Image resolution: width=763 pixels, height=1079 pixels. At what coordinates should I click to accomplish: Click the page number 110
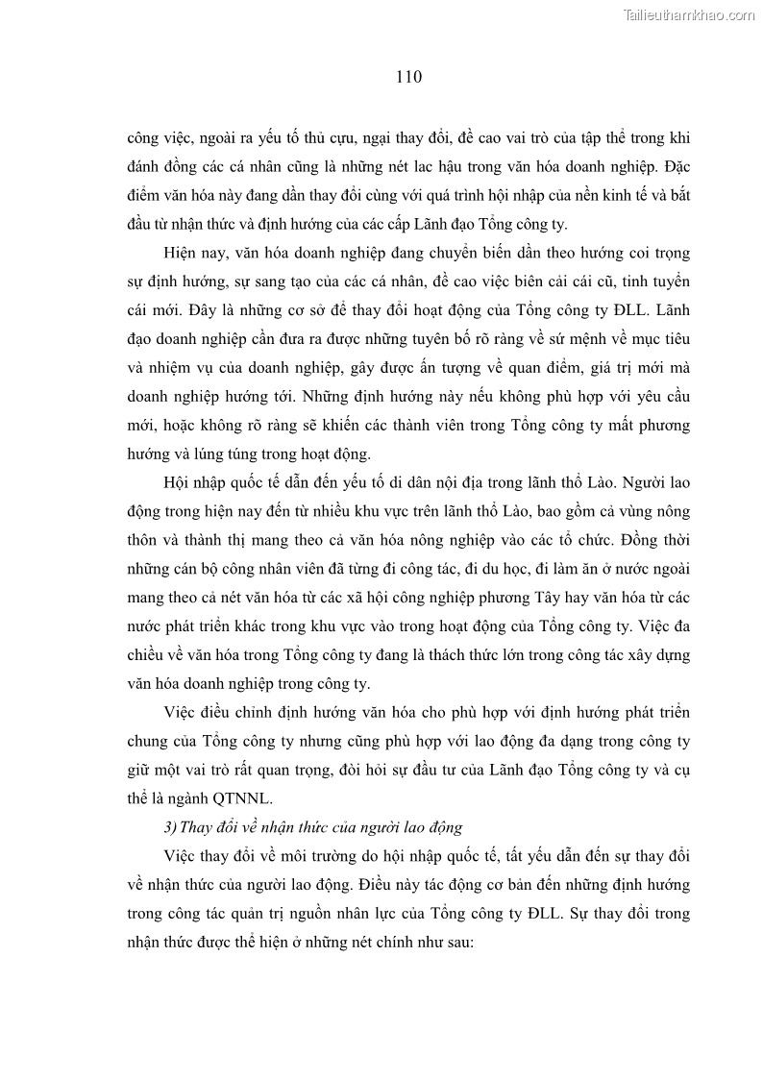pos(408,77)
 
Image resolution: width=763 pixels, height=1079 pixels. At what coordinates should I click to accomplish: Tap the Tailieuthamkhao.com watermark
pos(690,14)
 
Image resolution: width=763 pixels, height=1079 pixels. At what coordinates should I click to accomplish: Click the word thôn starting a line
pos(143,538)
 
